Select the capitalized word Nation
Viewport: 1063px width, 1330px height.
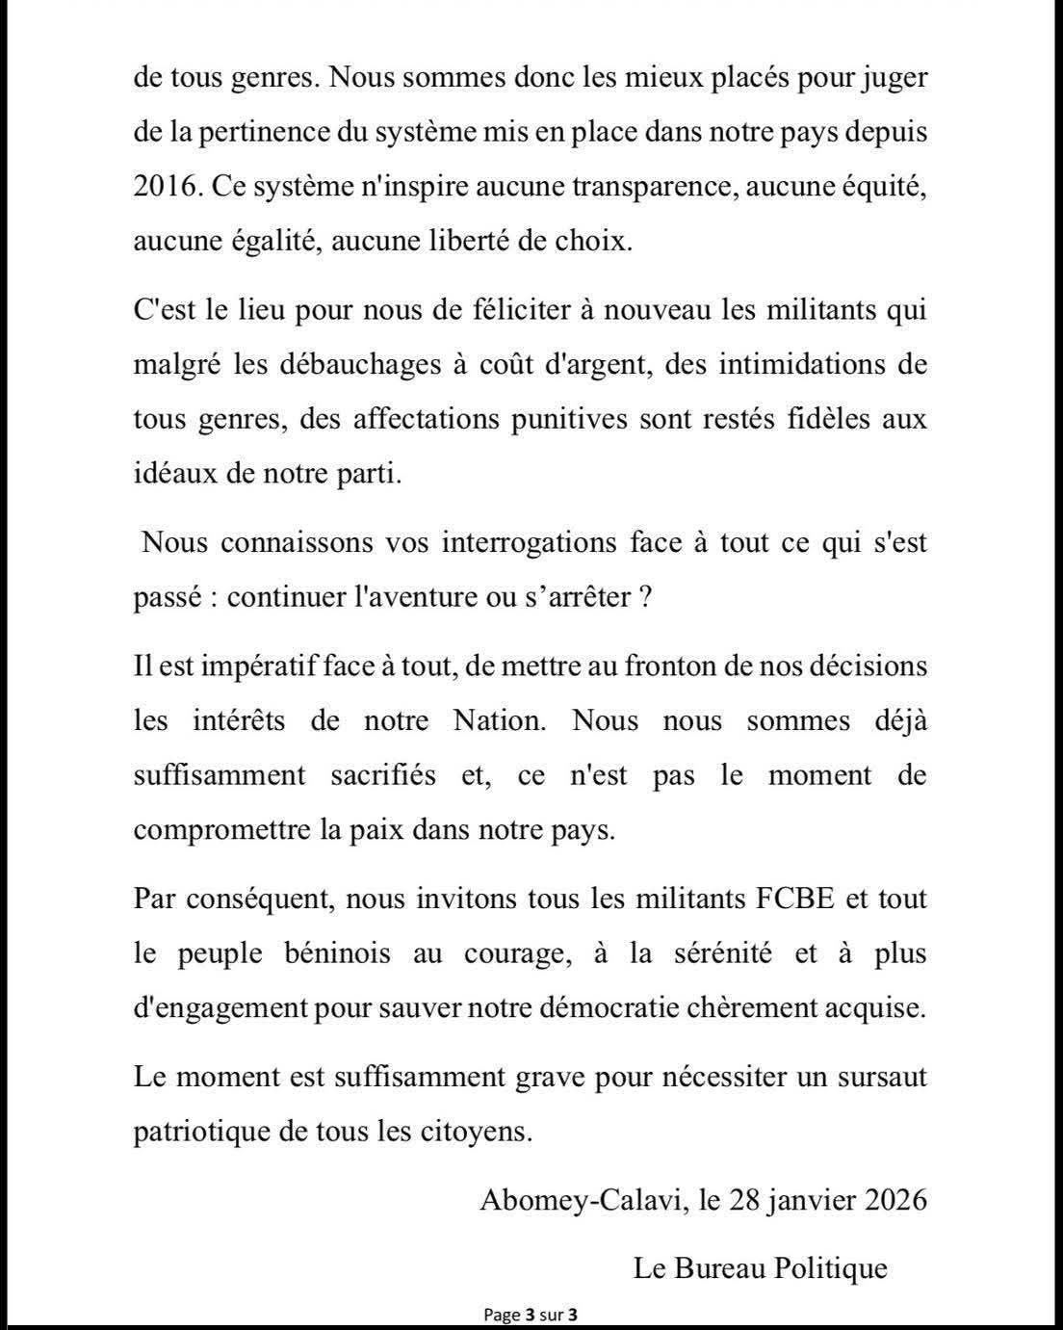pyautogui.click(x=499, y=720)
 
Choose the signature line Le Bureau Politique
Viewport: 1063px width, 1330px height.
pyautogui.click(x=760, y=1268)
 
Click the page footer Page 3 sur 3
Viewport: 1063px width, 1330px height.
pyautogui.click(x=531, y=1315)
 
